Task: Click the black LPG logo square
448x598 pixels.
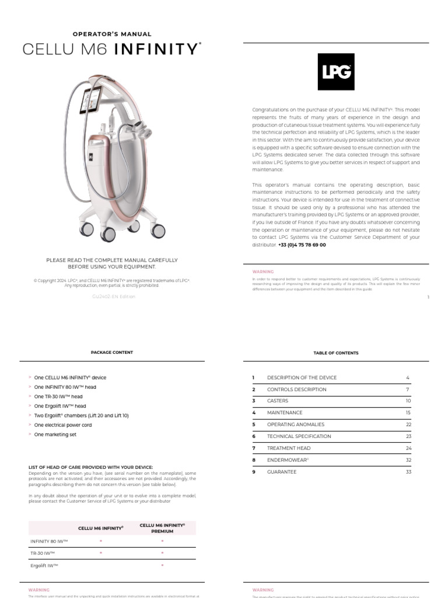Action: point(335,72)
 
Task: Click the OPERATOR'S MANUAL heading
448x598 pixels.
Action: point(111,34)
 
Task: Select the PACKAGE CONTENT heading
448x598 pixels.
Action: point(111,353)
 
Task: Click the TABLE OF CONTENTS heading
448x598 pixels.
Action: point(335,353)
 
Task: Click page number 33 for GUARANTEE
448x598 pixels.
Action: point(408,472)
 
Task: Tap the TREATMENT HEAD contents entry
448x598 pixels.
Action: point(289,448)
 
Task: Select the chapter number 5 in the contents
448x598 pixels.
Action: point(254,425)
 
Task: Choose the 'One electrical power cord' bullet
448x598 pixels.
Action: point(63,425)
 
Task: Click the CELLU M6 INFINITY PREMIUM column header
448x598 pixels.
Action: point(162,528)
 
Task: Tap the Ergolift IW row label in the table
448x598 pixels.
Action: point(44,566)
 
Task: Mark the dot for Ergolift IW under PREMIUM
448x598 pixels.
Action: point(162,566)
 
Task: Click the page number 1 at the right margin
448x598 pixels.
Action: point(428,297)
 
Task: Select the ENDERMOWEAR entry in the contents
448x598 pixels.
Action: point(288,460)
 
